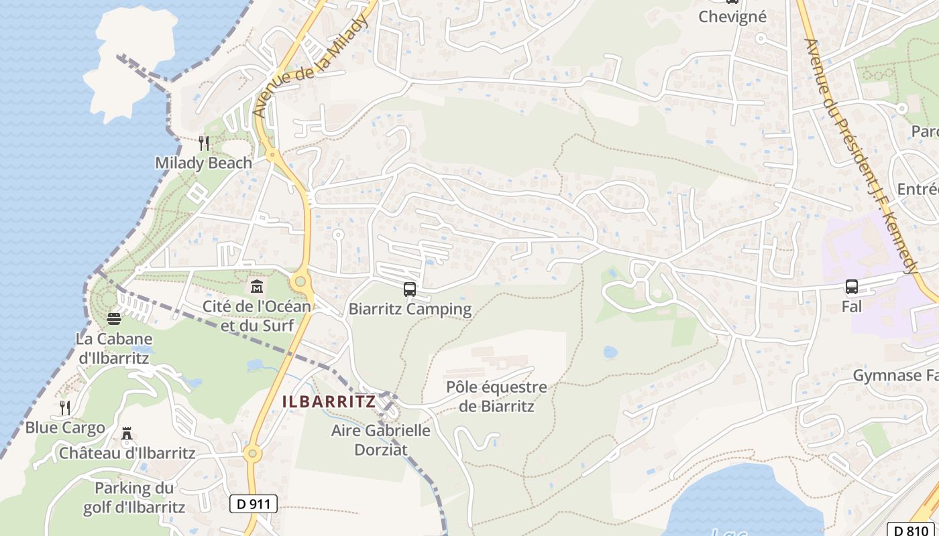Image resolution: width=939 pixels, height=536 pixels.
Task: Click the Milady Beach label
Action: coord(203,163)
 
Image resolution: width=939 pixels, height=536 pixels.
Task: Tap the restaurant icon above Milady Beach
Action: coord(203,143)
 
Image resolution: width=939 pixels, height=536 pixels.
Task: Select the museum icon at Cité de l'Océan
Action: coord(256,287)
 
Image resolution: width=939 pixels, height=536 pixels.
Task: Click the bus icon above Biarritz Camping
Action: coord(409,289)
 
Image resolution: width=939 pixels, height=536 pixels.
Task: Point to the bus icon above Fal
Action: coord(852,287)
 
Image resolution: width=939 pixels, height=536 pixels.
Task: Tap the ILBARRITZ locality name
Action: coord(329,402)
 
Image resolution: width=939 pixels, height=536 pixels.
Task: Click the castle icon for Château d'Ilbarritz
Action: coord(127,434)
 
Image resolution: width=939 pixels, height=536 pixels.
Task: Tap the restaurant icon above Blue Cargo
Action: coord(65,407)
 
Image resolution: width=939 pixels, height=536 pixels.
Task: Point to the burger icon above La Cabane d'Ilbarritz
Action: coord(114,318)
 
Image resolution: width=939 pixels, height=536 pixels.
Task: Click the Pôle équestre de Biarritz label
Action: coord(497,397)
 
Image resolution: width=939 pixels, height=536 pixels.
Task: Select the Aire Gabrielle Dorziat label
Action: coord(381,440)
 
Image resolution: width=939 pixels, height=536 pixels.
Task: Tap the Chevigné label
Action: coord(732,16)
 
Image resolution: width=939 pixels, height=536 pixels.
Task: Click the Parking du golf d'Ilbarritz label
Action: coord(134,497)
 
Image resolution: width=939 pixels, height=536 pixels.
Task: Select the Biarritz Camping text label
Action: coord(410,310)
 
